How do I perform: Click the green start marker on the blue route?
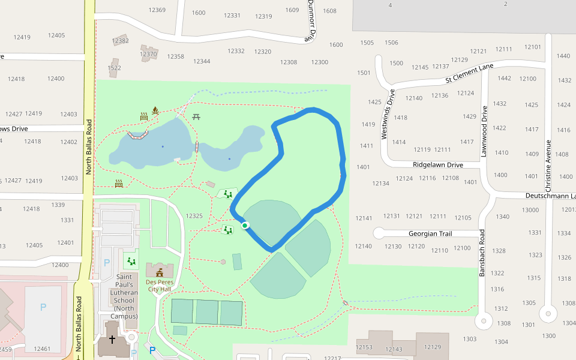[x=245, y=226]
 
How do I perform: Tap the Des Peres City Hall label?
[x=158, y=285]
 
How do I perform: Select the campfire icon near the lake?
[x=155, y=110]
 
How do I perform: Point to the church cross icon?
[x=111, y=340]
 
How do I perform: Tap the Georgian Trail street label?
[x=430, y=233]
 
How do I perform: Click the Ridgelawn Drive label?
[x=438, y=164]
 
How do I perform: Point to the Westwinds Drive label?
[x=388, y=114]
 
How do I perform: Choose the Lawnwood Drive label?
[x=484, y=132]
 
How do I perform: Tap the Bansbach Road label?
[x=481, y=252]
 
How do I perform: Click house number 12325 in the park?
[x=194, y=216]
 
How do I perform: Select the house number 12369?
[x=157, y=10]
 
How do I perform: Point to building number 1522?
[x=114, y=68]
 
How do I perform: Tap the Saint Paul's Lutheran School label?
[x=124, y=296]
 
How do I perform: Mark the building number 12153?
[x=364, y=347]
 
